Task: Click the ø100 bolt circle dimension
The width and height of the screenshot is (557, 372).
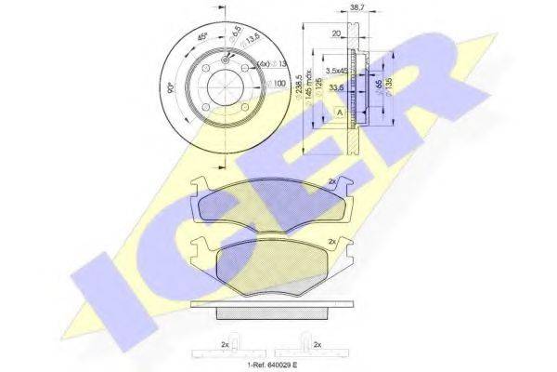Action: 277,85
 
